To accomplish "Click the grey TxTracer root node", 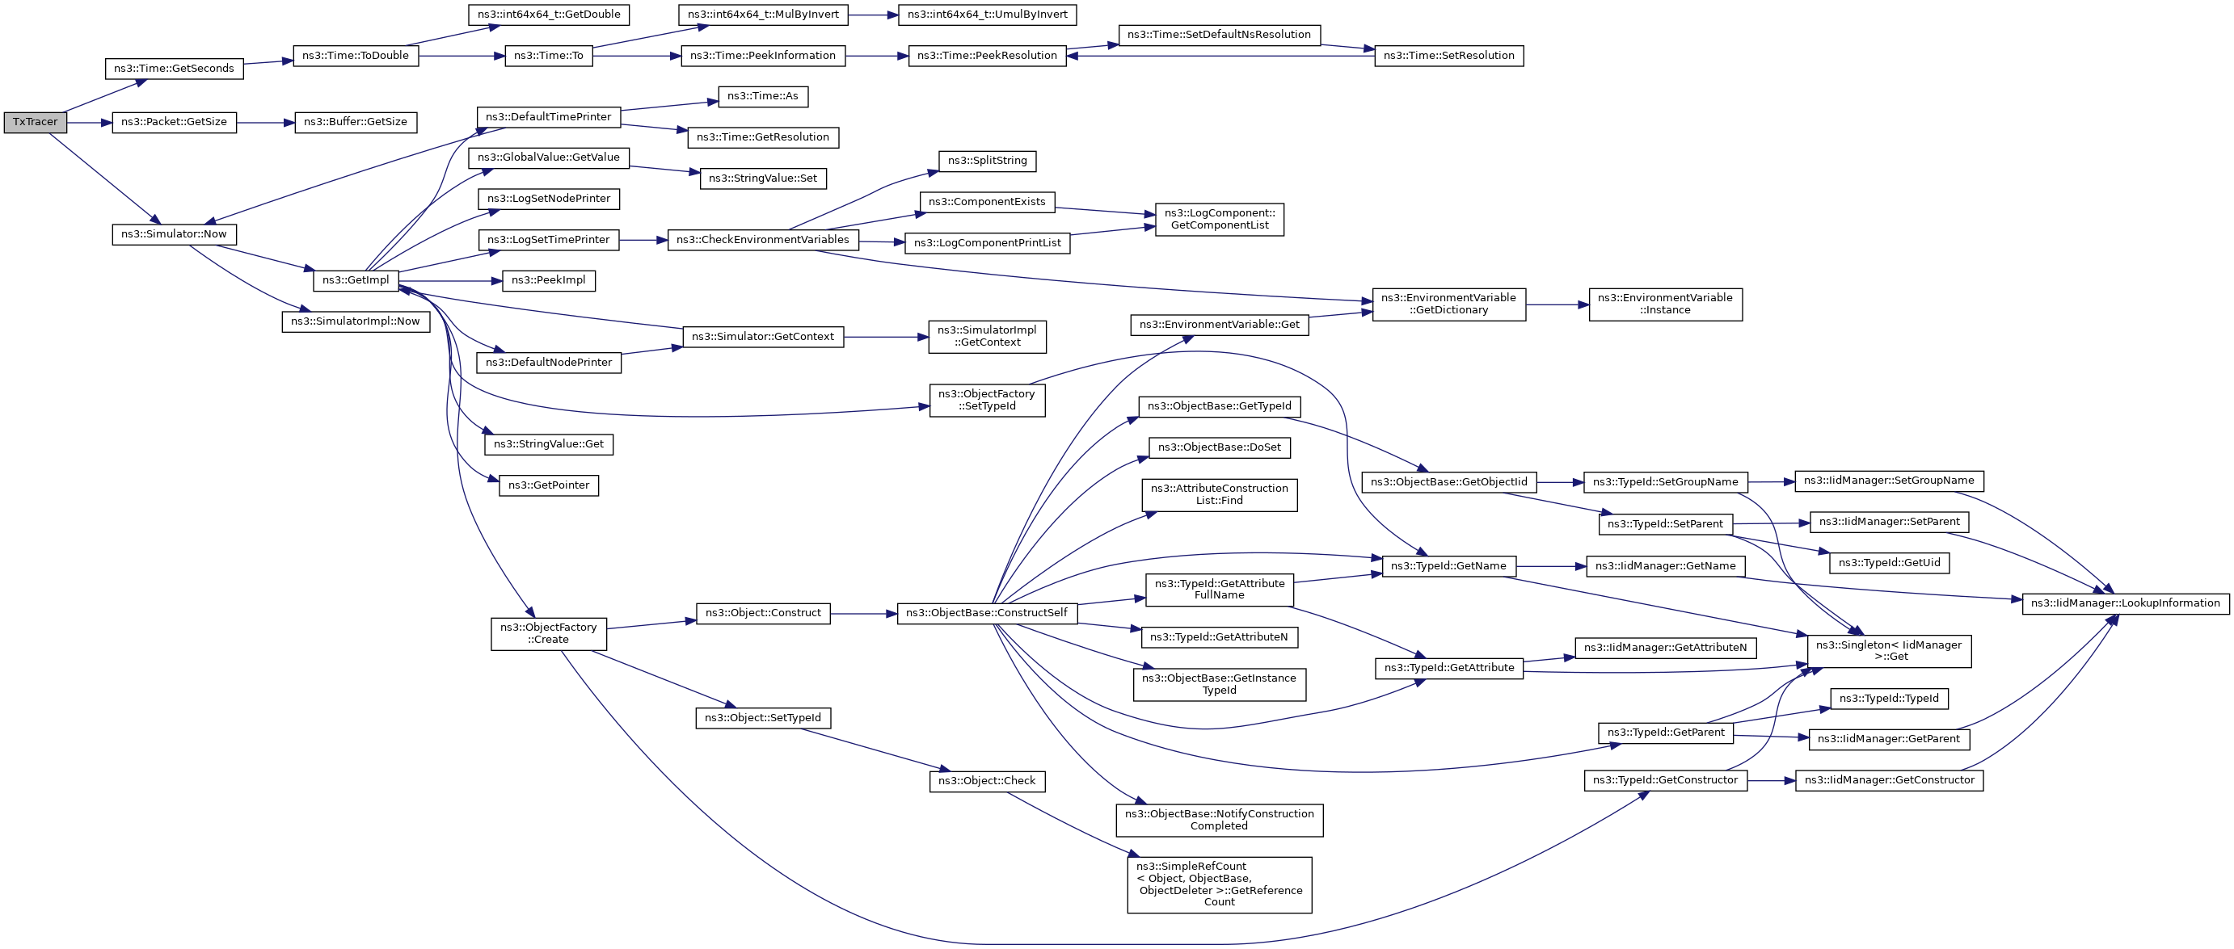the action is [35, 122].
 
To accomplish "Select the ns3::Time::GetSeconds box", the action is [174, 69].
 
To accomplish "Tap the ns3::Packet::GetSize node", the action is [174, 122].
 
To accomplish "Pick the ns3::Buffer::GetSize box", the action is [355, 122].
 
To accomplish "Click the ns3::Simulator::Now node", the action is [174, 234].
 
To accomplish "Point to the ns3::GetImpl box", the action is [356, 280].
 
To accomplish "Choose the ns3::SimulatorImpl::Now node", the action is [356, 321].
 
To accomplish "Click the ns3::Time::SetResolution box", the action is [1448, 56].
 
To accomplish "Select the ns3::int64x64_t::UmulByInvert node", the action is [987, 15].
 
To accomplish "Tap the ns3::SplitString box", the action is [987, 162].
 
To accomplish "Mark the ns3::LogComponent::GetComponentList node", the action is [1220, 219].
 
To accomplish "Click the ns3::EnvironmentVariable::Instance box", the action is [1665, 304].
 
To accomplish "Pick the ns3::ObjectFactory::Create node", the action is [548, 633].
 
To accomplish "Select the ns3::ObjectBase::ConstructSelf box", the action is [987, 614].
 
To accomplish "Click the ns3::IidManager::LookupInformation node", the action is [2126, 604].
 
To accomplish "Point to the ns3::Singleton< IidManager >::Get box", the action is [1889, 651].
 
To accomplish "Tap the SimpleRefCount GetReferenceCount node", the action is [1220, 885].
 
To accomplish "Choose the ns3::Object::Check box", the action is [987, 781].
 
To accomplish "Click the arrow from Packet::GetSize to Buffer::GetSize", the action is [264, 123].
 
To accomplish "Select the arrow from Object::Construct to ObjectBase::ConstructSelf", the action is [864, 614].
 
